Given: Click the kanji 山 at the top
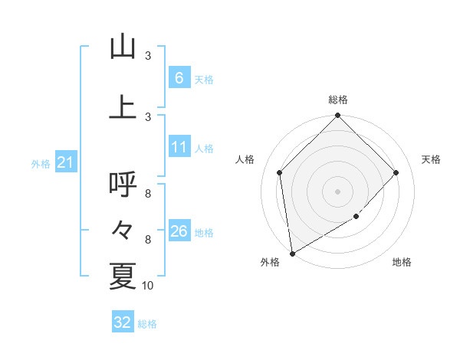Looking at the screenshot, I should click(123, 47).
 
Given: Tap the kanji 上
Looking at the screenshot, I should click(123, 107).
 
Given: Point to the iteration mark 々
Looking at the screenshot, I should click(123, 230).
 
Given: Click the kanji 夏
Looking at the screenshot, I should click(123, 276).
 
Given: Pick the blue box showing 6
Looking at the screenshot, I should click(179, 77).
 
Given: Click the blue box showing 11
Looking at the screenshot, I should click(179, 147).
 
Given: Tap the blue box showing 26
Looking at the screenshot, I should click(179, 231).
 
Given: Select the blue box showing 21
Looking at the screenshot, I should click(65, 162).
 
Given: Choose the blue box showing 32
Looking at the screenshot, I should click(123, 322).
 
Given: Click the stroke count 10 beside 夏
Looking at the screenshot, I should click(148, 286).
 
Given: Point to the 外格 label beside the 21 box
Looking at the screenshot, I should click(41, 163).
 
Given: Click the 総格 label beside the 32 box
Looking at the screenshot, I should click(147, 324).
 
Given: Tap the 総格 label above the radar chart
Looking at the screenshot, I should click(338, 100).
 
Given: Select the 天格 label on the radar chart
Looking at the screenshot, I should click(431, 159).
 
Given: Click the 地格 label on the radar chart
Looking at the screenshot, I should click(402, 263).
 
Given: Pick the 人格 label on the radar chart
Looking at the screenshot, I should click(245, 159).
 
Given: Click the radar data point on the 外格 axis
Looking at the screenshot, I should click(292, 253).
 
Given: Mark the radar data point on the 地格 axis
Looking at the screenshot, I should click(356, 217).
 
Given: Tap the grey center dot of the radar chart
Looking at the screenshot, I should click(337, 191).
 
